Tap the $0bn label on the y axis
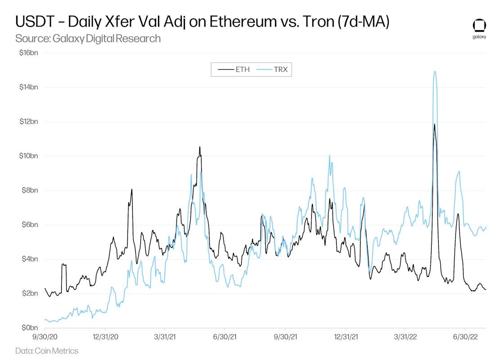pyautogui.click(x=31, y=328)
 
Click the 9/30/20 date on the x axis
pyautogui.click(x=45, y=336)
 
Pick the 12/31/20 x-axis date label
pyautogui.click(x=105, y=336)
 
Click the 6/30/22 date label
pyautogui.click(x=465, y=336)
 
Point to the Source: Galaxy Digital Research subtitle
pyautogui.click(x=88, y=38)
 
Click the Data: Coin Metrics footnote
pyautogui.click(x=47, y=351)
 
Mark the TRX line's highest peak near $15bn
pyautogui.click(x=434, y=72)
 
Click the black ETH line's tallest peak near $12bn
pyautogui.click(x=434, y=124)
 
